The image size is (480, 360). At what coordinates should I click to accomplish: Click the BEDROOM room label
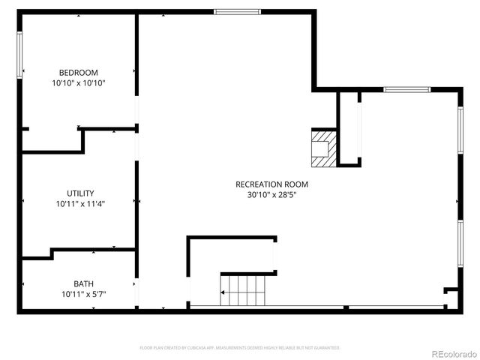click(x=78, y=73)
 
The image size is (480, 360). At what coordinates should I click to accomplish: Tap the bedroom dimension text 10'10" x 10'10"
click(x=78, y=83)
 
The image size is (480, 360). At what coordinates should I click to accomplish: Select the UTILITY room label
click(x=80, y=193)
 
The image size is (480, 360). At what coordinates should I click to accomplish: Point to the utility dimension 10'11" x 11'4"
click(x=80, y=203)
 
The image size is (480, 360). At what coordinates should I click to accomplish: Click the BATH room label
click(x=83, y=283)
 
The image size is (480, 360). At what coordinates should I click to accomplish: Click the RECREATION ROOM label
click(x=271, y=184)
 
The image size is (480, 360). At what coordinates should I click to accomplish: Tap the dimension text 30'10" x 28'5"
click(x=271, y=195)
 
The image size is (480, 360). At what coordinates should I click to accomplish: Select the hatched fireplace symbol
click(x=322, y=148)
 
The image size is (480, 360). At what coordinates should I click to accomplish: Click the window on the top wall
click(x=237, y=12)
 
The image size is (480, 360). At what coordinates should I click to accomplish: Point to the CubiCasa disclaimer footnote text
click(x=240, y=348)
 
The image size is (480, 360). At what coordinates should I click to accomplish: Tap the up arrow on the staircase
click(x=223, y=290)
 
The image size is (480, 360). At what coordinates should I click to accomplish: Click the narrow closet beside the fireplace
click(x=349, y=127)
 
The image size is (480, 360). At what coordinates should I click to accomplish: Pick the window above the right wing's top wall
click(x=406, y=90)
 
